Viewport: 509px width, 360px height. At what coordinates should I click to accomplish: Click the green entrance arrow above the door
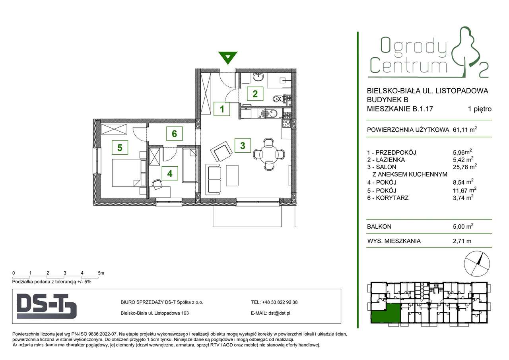[x=227, y=58]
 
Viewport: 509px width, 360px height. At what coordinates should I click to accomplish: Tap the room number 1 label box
[x=221, y=109]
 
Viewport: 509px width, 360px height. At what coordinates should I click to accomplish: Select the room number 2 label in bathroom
[x=255, y=94]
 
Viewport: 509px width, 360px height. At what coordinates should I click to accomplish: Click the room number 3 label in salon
[x=243, y=145]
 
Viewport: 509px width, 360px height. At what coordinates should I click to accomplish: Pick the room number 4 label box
[x=170, y=173]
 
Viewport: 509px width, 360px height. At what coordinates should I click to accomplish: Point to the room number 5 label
[x=120, y=148]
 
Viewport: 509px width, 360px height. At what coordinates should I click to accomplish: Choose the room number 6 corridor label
[x=174, y=134]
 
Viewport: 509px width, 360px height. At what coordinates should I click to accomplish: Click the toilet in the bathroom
[x=277, y=98]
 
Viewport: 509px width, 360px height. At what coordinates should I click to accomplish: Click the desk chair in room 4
[x=157, y=184]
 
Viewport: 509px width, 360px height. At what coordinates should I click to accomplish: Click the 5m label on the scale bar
[x=101, y=273]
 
